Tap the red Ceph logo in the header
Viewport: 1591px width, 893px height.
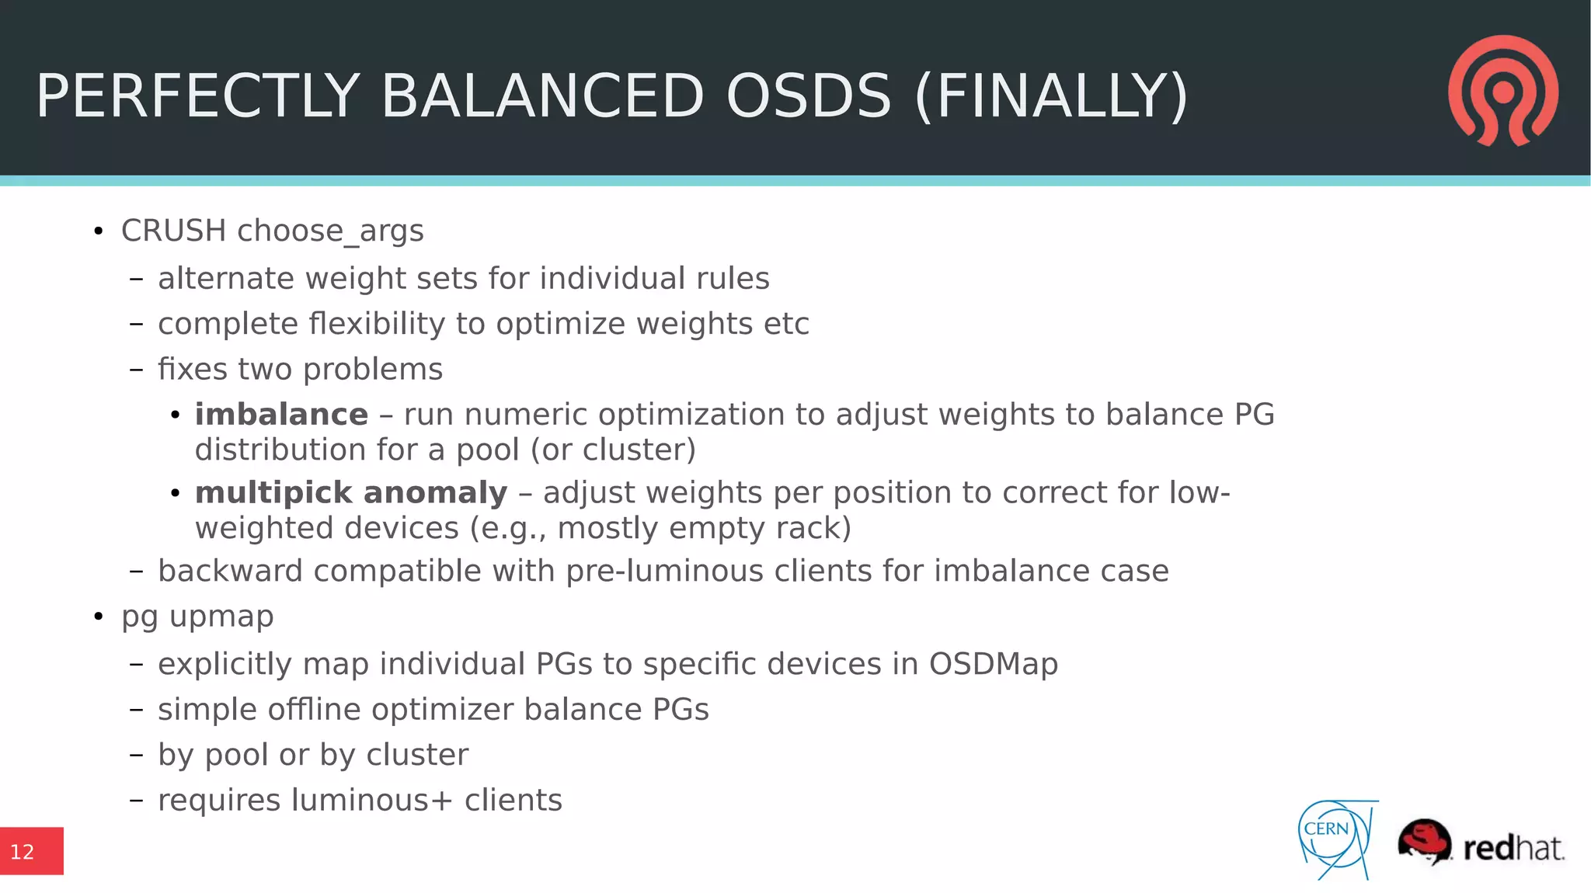point(1503,90)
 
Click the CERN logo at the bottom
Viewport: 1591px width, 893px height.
point(1335,839)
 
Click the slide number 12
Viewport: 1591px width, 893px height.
point(23,852)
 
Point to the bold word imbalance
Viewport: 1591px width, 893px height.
point(281,415)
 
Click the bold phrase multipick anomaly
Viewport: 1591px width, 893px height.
point(351,493)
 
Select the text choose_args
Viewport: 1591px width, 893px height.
point(330,231)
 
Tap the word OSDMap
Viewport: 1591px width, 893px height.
point(993,664)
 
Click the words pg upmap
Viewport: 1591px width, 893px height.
point(197,617)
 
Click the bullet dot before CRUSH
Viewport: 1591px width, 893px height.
point(98,231)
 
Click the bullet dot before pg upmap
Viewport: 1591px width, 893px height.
point(98,617)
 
